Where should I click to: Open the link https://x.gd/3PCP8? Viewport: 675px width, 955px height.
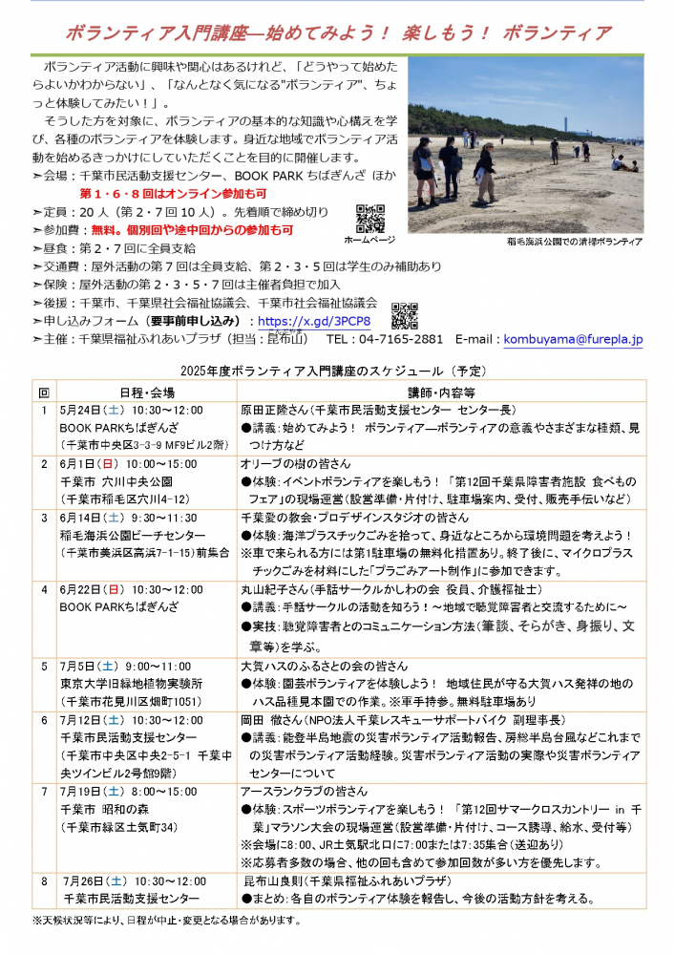314,322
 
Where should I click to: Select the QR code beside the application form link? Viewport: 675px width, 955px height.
405,315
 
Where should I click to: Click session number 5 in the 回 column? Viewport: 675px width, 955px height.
44,666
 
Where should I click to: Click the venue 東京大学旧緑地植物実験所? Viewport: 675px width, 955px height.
131,684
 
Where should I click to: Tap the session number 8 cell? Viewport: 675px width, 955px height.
44,881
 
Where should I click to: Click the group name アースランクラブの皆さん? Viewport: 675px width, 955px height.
304,791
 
